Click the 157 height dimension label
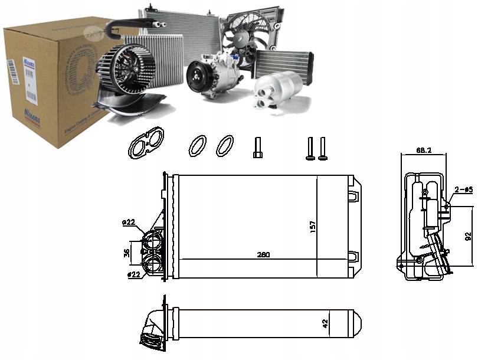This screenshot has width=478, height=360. click(312, 226)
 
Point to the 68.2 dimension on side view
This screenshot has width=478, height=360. click(423, 151)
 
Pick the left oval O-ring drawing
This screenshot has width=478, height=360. click(198, 145)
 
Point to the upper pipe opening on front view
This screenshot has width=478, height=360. click(152, 243)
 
